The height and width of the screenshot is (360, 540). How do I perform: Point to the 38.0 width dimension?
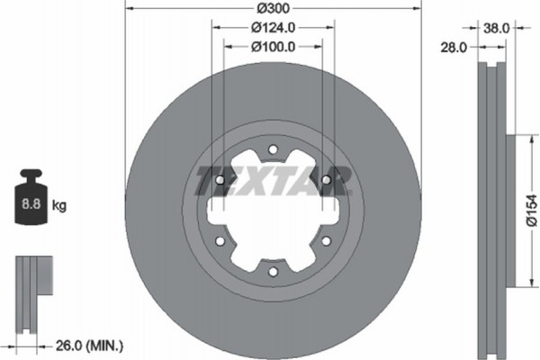coord(494,28)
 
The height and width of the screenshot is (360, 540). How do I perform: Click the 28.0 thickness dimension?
coord(454,47)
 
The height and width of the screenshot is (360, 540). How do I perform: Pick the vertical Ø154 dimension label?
coord(530,212)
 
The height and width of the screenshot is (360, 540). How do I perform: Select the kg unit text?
coord(59,206)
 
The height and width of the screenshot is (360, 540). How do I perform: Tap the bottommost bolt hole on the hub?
coord(273,271)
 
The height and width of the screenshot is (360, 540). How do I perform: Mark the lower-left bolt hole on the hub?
coord(220,240)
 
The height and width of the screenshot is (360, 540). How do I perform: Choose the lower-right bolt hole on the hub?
coord(325,240)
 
